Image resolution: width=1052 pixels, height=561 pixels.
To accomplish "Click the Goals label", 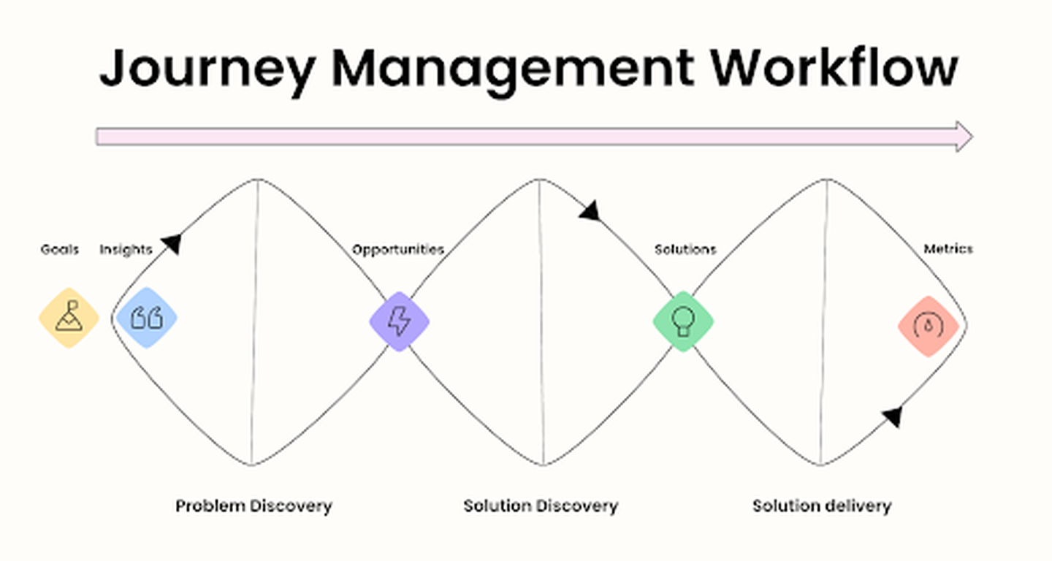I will point(60,250).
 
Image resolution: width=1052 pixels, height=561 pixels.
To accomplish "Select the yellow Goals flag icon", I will point(69,318).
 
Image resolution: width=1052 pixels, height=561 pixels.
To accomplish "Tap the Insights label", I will point(126,250).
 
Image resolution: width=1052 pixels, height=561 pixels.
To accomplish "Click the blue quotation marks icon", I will point(146,318).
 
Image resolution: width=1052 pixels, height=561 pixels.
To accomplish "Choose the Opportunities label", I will point(398,250).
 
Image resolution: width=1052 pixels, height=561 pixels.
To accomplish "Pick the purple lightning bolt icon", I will point(399,321).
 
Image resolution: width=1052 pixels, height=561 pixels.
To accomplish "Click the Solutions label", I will point(685,250).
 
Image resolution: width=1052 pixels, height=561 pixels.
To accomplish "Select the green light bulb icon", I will point(683,321).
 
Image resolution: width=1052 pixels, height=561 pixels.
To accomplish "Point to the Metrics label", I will point(948,249).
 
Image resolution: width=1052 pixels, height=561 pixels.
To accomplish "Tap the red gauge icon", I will point(929,326).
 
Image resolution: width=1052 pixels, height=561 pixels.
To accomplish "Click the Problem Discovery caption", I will point(254,505).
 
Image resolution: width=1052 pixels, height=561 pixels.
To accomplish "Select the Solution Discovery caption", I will point(541,505).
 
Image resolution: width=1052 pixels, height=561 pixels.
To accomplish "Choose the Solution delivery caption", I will point(822,505).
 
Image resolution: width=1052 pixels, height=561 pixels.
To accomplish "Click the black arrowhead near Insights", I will point(172,243).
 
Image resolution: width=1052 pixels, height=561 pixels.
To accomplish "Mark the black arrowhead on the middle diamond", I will point(590,210).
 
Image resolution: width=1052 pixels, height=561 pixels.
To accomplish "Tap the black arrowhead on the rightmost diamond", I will point(892,416).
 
